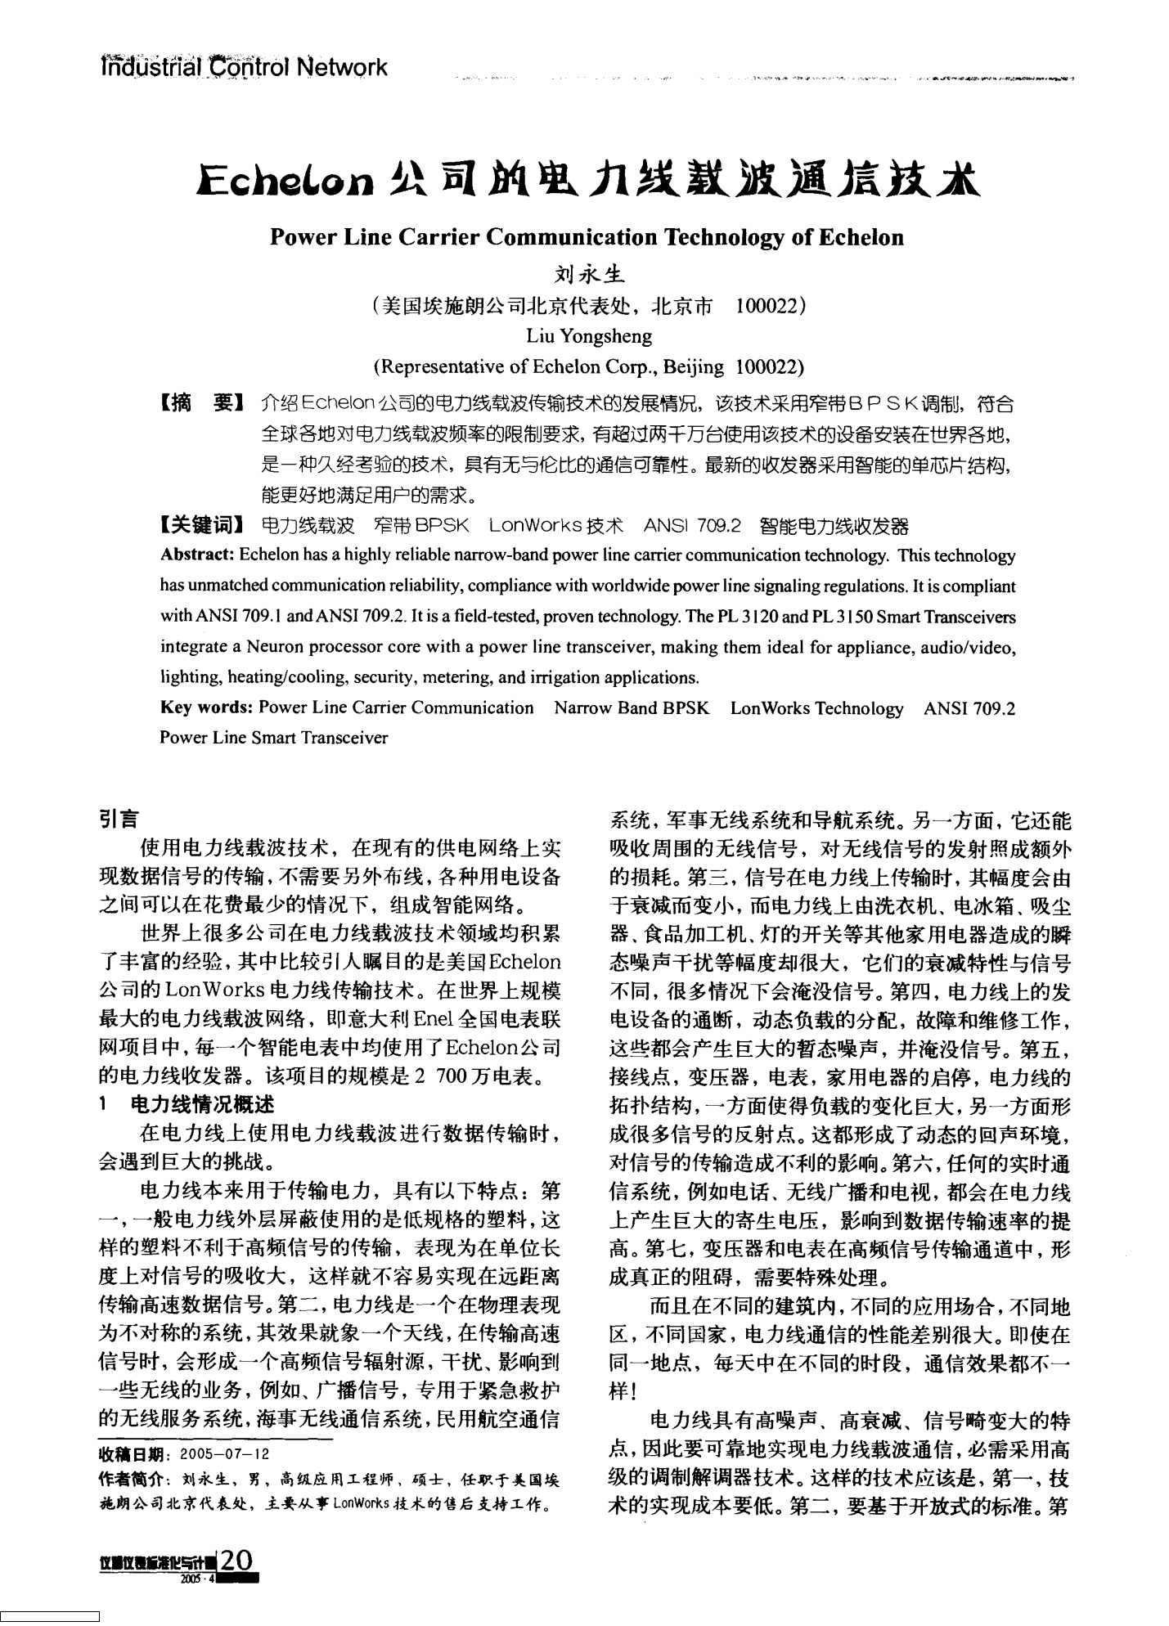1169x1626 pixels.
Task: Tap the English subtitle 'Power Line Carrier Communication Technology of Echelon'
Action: click(x=587, y=238)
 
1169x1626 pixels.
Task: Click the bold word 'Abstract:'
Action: click(x=197, y=556)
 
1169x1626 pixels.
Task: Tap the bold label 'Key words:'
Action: click(x=207, y=708)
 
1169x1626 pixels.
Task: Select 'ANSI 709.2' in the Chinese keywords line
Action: click(x=692, y=525)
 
